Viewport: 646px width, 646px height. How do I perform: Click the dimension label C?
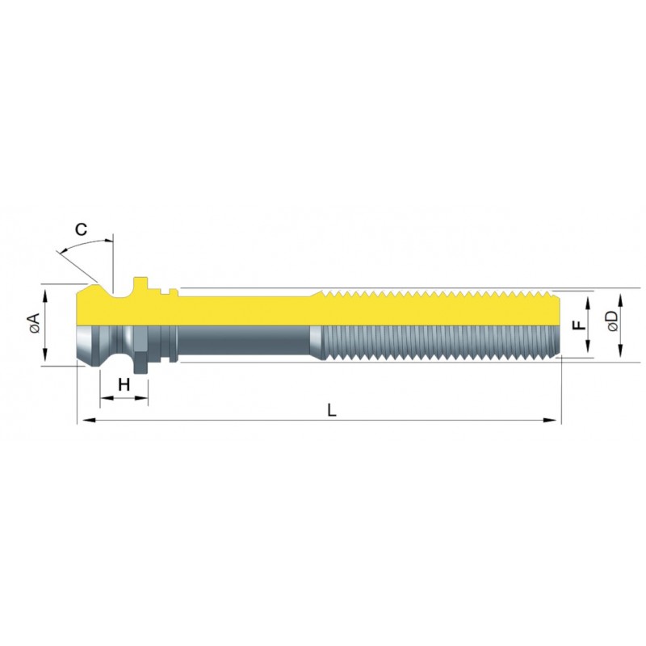point(82,229)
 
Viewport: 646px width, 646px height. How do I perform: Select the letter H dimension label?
point(124,385)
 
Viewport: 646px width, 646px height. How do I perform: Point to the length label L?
point(332,410)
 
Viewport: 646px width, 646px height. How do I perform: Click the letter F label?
point(579,325)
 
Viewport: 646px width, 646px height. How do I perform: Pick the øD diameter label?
point(612,321)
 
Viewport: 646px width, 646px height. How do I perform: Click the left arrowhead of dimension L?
point(89,420)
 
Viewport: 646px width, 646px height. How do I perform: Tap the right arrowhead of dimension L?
point(550,420)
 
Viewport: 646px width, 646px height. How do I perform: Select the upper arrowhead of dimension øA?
point(45,296)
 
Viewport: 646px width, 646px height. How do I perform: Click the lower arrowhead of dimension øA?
point(45,354)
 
